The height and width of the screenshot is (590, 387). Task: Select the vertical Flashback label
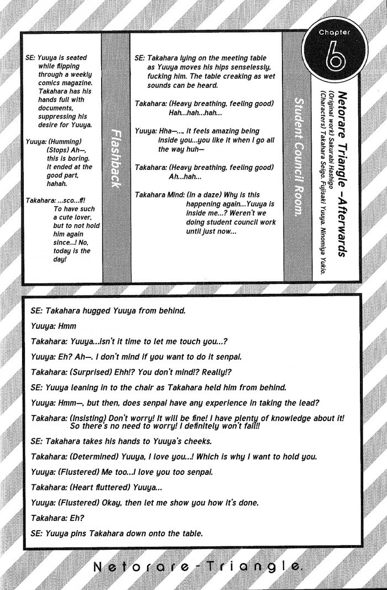click(116, 158)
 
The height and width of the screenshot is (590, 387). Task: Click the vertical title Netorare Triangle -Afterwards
click(342, 166)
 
